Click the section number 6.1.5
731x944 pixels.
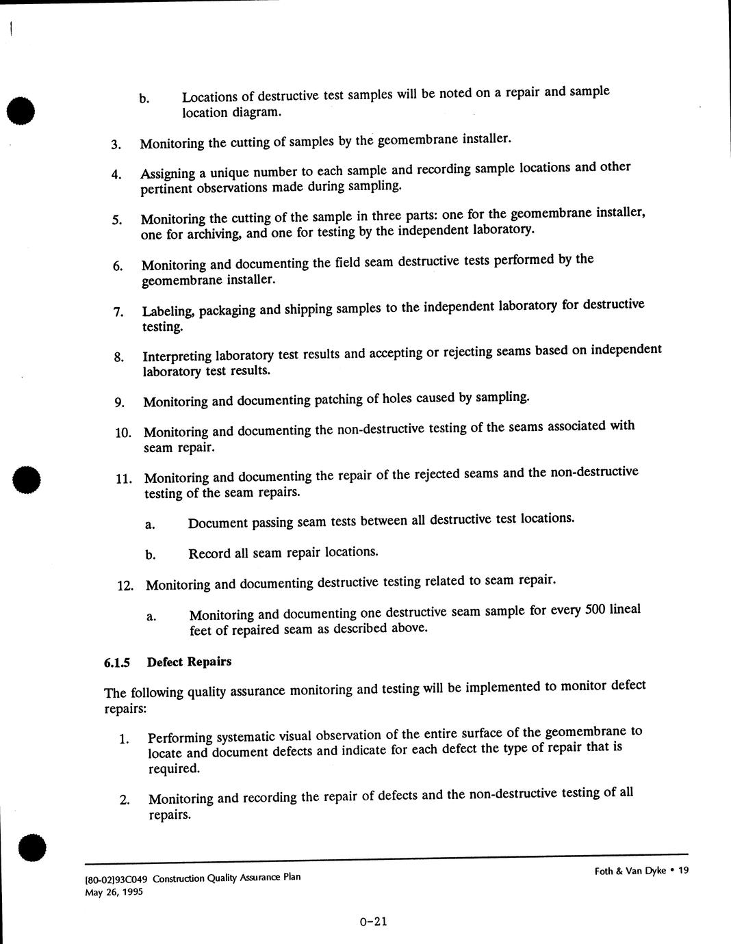(x=116, y=663)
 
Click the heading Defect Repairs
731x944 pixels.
(x=190, y=661)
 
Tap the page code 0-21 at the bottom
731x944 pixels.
(x=373, y=921)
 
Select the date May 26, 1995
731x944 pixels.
(x=114, y=892)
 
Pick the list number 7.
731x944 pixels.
(x=118, y=313)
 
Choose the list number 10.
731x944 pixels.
(x=123, y=433)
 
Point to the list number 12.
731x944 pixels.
(x=125, y=586)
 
